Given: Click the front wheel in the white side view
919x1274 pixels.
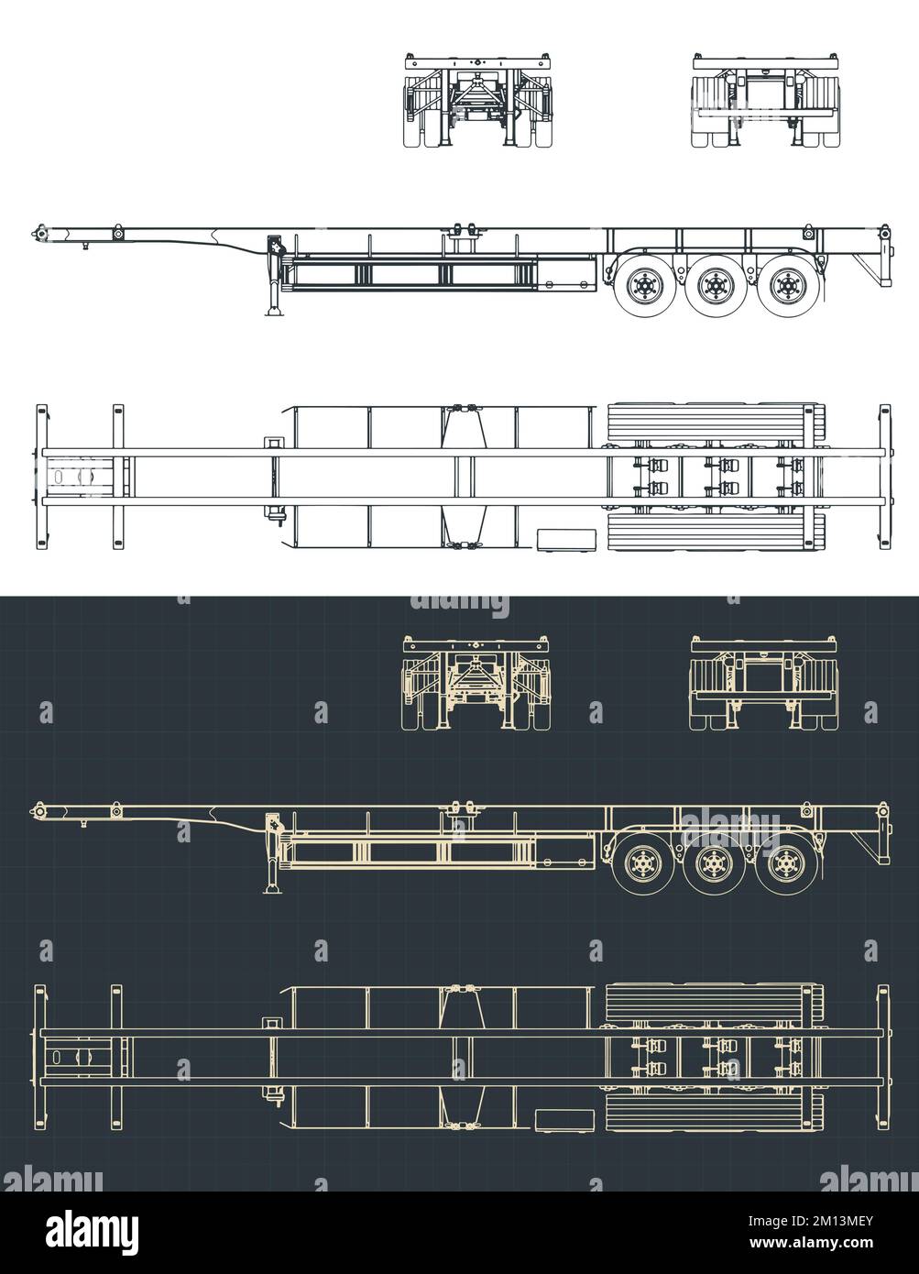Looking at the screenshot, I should point(645,285).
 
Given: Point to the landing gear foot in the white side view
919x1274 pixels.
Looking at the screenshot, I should point(274,313).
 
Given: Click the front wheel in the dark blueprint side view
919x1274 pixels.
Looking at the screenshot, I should point(645,863).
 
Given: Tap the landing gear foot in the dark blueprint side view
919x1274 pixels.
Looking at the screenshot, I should point(274,888).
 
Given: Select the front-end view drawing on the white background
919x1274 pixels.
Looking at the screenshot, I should point(479,101).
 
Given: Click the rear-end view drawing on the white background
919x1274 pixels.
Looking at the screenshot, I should point(765,101).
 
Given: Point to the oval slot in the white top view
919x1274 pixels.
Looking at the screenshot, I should point(60,477).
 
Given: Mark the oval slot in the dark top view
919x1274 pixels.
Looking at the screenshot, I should point(60,1057).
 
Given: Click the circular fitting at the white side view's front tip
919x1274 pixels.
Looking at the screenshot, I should point(40,235).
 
